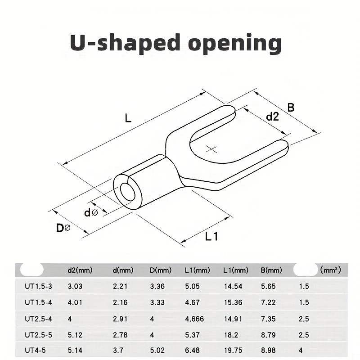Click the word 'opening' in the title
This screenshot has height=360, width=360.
coord(235,43)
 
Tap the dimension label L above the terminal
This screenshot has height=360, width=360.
coord(128,118)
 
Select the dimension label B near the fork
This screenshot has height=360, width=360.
coord(291,107)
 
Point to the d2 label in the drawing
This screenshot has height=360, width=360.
coord(272,117)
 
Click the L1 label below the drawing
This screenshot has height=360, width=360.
coord(211,236)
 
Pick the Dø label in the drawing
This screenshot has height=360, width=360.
coord(63,228)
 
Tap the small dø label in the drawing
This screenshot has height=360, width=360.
coord(91,212)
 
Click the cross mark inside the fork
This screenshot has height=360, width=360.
coord(211,149)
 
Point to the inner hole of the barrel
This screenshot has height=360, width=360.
coord(128,192)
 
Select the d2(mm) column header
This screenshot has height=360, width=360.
coord(80,270)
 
